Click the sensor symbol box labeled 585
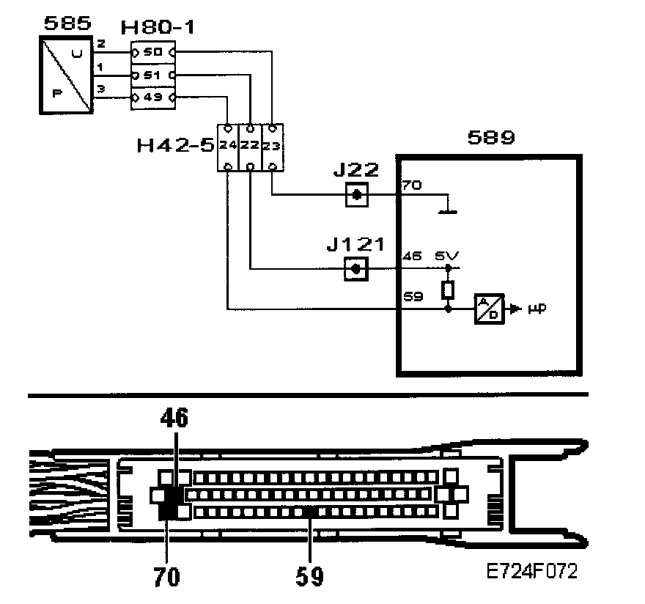67,77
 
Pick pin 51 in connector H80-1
153,75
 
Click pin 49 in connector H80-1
153,97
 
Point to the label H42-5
176,144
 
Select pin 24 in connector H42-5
228,145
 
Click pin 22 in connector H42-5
250,145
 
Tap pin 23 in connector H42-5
272,145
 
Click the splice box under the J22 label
355,195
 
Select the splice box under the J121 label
355,269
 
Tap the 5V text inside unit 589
447,256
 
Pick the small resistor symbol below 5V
448,291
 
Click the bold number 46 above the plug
175,419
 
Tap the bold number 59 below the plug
310,576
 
